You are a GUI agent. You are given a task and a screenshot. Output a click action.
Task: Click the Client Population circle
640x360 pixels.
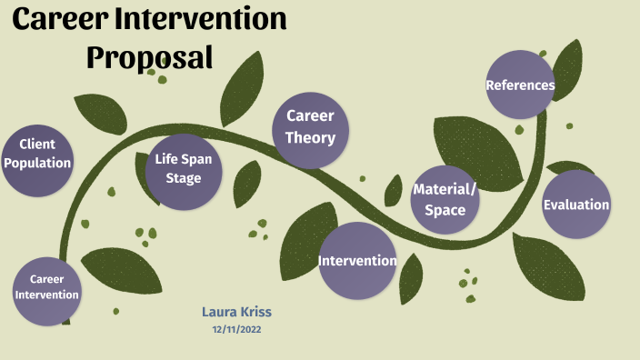pos(36,162)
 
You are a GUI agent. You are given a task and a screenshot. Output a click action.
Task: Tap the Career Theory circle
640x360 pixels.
pos(311,129)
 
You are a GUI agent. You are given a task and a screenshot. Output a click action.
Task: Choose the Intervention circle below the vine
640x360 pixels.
pos(357,261)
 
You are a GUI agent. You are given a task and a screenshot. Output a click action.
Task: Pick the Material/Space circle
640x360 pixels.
pos(444,199)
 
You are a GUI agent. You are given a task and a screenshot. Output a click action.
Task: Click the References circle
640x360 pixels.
pos(520,85)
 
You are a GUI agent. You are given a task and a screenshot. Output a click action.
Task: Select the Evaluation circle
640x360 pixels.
pos(576,205)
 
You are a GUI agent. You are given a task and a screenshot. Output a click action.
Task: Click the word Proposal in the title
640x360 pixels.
pos(150,56)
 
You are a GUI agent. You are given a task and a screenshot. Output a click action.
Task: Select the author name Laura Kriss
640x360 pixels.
pos(236,312)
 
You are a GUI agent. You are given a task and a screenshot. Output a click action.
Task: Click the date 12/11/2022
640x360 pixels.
pos(236,329)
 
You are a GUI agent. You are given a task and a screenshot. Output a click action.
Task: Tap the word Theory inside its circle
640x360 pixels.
pos(311,138)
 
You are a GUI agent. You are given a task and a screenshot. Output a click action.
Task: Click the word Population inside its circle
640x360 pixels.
pos(36,164)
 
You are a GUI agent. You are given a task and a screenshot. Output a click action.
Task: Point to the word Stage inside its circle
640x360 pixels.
pos(184,178)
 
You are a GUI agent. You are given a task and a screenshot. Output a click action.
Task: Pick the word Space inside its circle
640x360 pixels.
pos(445,210)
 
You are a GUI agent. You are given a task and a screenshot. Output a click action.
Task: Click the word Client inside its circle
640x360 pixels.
pos(37,144)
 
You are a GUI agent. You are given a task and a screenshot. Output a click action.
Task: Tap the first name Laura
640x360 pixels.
pos(219,312)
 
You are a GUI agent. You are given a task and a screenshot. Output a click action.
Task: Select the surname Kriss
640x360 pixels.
pos(255,312)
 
